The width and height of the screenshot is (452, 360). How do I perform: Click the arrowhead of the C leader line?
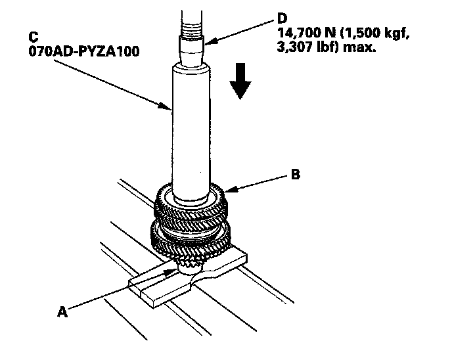(x=170, y=106)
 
